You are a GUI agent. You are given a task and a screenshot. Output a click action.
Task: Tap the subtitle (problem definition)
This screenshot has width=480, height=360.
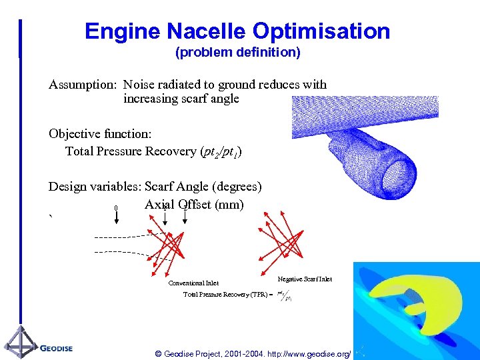[x=237, y=52]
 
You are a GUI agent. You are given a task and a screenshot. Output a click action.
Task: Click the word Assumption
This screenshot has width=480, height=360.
[x=82, y=85]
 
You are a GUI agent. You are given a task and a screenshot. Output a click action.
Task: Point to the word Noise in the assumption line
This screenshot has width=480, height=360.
[x=139, y=85]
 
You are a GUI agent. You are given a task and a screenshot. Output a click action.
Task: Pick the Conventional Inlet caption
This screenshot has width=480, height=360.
[x=193, y=283]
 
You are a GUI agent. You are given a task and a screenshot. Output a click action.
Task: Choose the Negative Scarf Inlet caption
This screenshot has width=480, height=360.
[x=305, y=279]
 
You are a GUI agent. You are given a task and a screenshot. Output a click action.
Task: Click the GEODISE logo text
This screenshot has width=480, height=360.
[x=56, y=348]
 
